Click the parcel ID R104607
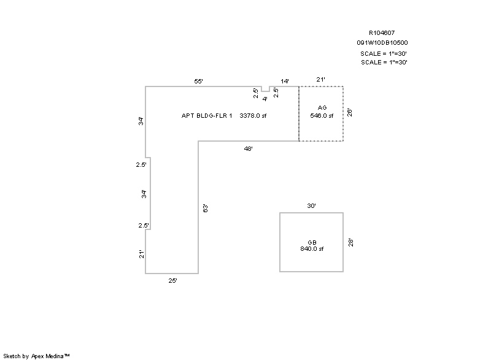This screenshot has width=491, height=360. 382,33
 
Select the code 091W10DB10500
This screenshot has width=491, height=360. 382,43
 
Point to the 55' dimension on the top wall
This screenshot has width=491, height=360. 198,81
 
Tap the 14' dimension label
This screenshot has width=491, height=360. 285,81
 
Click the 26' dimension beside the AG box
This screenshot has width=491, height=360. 349,112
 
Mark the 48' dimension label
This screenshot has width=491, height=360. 248,148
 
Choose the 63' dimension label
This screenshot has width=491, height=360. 206,208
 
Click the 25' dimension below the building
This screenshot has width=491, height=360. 173,280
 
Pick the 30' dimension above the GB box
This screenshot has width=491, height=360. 311,206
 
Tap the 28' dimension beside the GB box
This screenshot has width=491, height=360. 350,242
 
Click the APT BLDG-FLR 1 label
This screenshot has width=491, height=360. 207,115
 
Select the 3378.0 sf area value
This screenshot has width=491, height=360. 253,115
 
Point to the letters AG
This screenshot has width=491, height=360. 322,108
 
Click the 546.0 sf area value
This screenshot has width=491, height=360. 322,115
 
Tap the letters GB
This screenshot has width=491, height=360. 312,242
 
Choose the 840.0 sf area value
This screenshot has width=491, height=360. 312,249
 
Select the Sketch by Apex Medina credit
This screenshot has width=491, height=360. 37,355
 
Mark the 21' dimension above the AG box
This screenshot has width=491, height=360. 320,79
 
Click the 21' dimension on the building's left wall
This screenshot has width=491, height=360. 141,254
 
